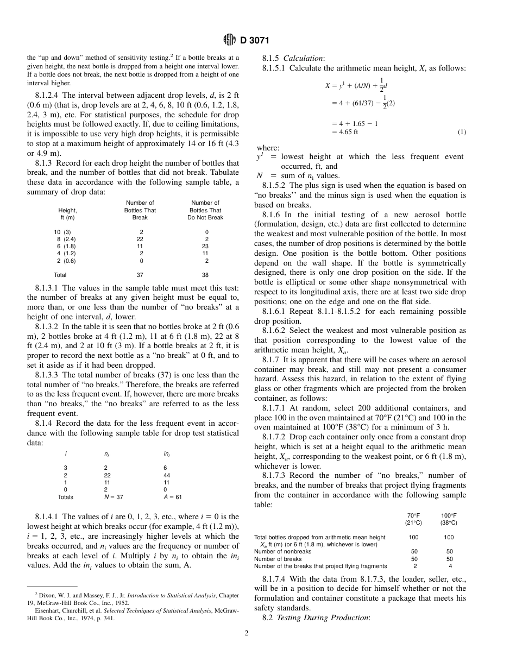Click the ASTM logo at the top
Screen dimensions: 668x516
pyautogui.click(x=229, y=40)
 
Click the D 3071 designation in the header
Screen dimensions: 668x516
pyautogui.click(x=255, y=41)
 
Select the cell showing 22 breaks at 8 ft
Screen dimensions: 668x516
pyautogui.click(x=140, y=239)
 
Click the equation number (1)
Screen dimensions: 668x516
pyautogui.click(x=461, y=132)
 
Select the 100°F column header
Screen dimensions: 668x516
pyautogui.click(x=449, y=515)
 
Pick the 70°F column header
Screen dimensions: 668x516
pyautogui.click(x=413, y=515)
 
